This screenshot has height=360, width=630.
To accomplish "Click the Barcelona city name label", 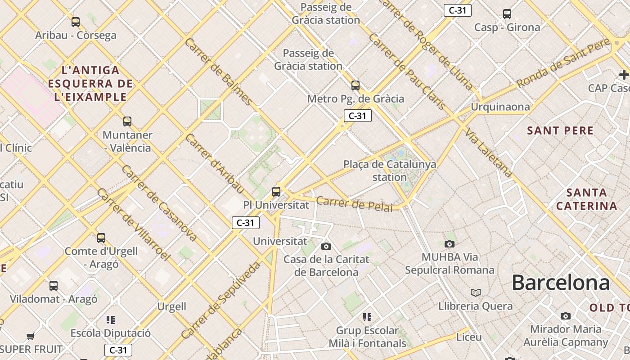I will coord(561,283).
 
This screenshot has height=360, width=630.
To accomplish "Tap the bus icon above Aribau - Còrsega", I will coord(76,22).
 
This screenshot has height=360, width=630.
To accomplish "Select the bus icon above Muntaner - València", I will coord(127,121).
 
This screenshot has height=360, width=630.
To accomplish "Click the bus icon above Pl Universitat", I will coord(276,192).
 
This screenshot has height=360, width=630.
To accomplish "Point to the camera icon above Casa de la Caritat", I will coord(326,246).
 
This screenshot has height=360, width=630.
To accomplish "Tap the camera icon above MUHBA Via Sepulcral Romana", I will coord(449,244).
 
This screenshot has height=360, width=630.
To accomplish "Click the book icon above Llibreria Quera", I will coord(476,293).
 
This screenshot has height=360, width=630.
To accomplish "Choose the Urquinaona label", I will coord(500,107).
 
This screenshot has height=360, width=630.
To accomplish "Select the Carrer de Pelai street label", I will coord(354,203).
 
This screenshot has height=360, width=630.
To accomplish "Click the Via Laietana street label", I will coord(489,153).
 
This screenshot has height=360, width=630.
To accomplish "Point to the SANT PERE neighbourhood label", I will coord(560,131).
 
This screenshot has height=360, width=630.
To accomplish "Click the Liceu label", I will coord(469,337).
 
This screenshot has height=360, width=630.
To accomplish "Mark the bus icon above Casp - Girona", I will coord(507,14).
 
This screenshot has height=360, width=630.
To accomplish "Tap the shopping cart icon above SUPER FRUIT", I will coord(31,336).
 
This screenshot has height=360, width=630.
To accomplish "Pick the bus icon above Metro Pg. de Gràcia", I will coord(355,85).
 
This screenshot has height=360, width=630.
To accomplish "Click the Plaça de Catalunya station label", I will coord(390,171).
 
